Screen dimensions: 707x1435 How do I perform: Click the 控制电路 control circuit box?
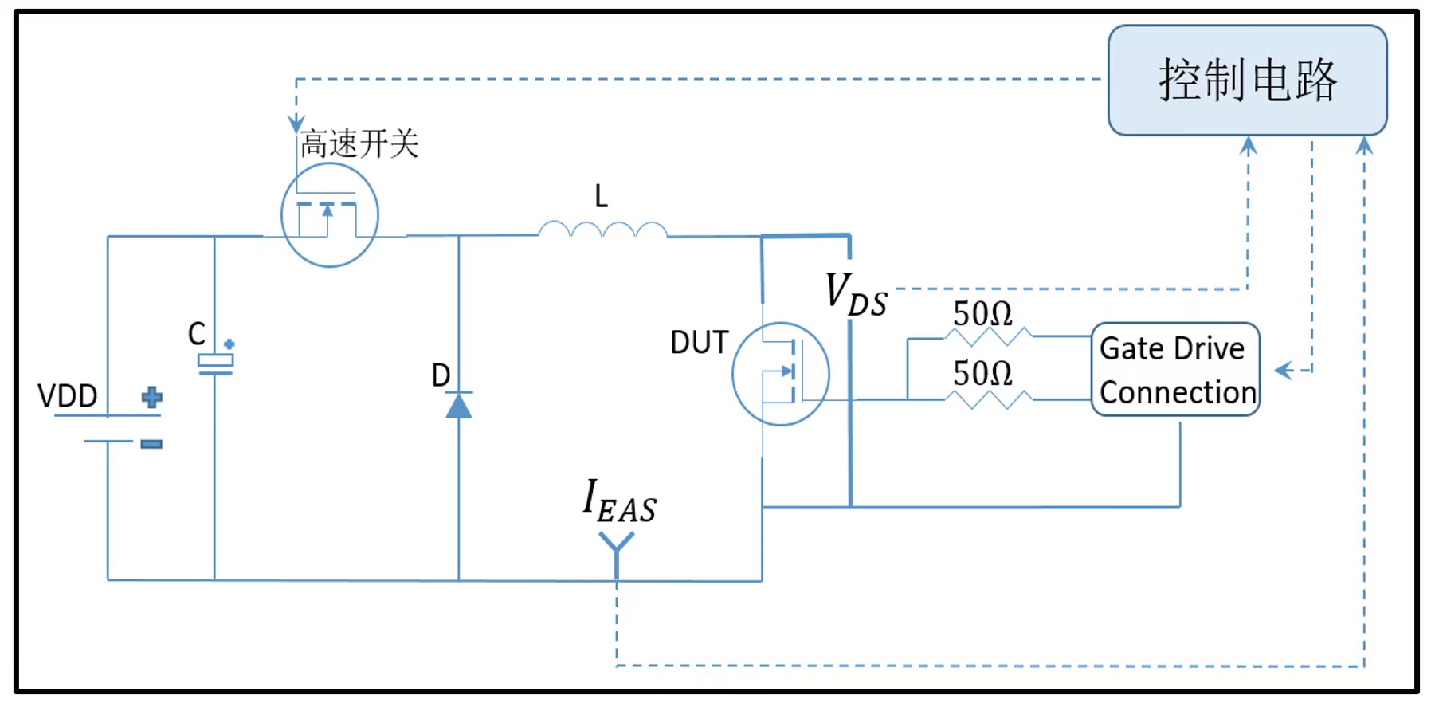click(1247, 81)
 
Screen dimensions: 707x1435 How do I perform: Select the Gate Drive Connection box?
click(1175, 370)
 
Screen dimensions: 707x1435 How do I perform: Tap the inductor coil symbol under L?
click(602, 230)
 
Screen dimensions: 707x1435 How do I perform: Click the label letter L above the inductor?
click(601, 196)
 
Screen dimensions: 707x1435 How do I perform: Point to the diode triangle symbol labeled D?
click(458, 406)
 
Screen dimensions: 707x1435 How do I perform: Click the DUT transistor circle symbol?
click(780, 374)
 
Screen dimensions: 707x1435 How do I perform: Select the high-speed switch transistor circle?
click(329, 215)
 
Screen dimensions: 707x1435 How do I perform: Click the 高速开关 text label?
click(359, 144)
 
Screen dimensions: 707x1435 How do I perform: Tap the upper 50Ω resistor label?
click(982, 314)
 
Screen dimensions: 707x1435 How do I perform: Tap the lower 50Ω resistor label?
click(982, 374)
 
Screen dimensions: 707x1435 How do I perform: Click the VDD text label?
click(68, 396)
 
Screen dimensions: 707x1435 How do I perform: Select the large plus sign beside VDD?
click(151, 397)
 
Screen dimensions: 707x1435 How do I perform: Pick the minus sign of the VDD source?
click(151, 444)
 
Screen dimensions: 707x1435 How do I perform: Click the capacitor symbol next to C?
click(215, 363)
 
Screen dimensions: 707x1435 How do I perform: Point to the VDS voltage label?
click(856, 294)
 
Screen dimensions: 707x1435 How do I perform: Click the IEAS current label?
click(619, 503)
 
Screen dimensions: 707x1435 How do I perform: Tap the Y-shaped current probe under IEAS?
click(617, 546)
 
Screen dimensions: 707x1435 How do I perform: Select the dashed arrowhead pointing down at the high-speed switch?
click(296, 124)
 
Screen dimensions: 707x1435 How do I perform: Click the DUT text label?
click(699, 343)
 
